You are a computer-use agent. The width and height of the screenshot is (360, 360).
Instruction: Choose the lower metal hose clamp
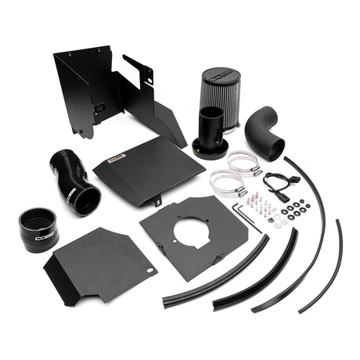227,185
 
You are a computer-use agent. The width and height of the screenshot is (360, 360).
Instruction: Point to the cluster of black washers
297,211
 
